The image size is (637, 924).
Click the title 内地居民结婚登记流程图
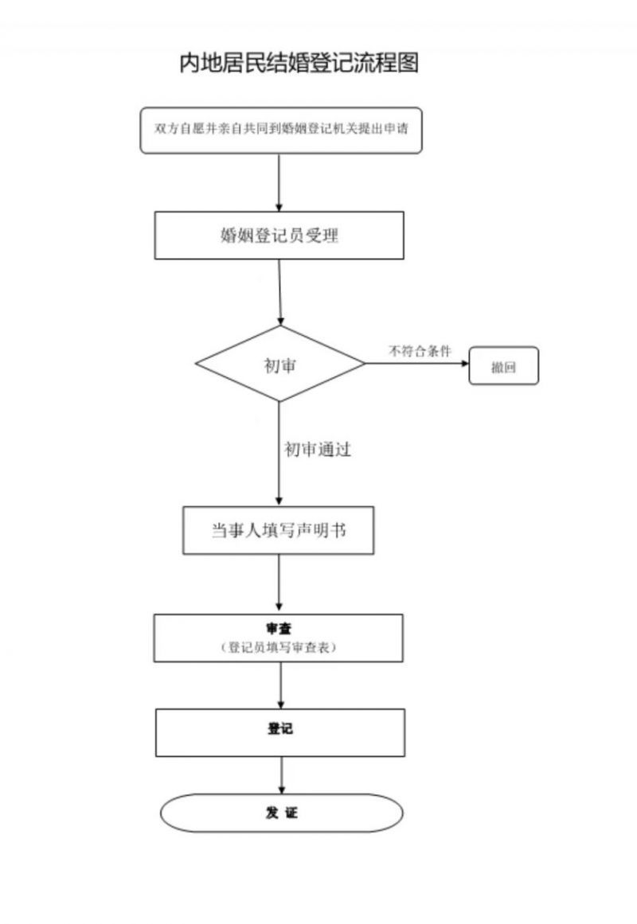click(x=299, y=63)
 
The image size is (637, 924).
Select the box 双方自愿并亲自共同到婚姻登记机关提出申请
click(x=281, y=131)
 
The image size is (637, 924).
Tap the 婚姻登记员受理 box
click(x=279, y=235)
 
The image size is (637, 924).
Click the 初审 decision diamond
click(x=280, y=364)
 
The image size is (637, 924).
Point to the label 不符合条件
click(x=420, y=351)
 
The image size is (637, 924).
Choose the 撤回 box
click(x=504, y=366)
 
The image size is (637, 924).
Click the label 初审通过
click(x=318, y=450)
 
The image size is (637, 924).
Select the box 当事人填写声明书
click(x=279, y=530)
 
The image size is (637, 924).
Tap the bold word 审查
click(x=279, y=629)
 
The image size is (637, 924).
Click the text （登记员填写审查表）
click(x=279, y=647)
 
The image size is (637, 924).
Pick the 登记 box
click(x=280, y=732)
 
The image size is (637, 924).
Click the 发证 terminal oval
click(x=281, y=813)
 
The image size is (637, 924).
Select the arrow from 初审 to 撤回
click(x=417, y=363)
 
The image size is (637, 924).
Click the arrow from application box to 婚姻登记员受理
click(x=279, y=183)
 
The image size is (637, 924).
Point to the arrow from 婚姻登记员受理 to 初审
click(x=280, y=292)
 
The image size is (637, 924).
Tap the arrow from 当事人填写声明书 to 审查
click(x=279, y=583)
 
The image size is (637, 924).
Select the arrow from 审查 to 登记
click(x=281, y=685)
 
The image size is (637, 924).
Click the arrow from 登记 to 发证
click(x=282, y=775)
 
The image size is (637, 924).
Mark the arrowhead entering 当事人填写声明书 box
click(x=279, y=501)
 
